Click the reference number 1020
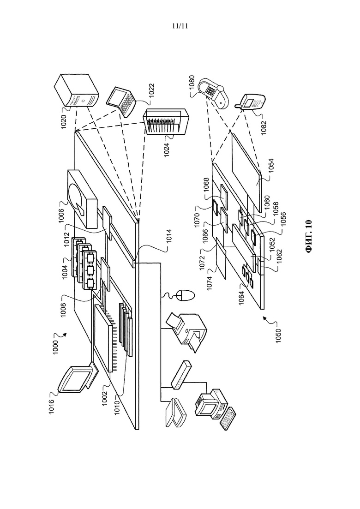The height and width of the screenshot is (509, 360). tap(64, 122)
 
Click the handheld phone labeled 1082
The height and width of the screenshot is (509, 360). tap(251, 103)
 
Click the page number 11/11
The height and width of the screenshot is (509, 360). tap(180, 26)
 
